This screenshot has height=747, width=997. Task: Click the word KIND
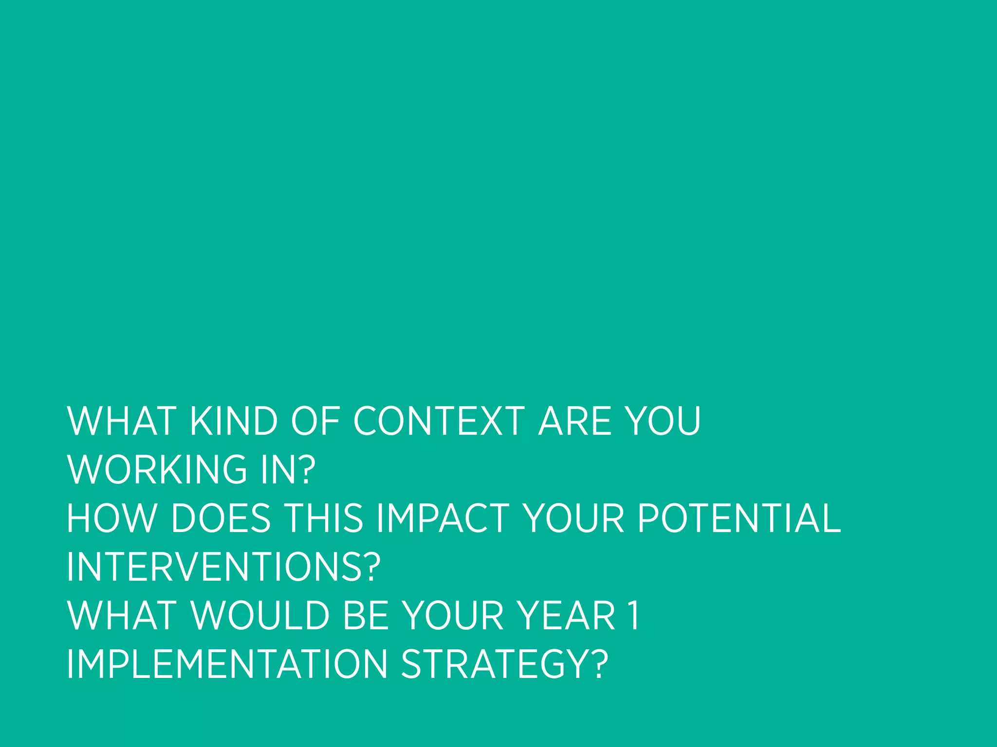click(x=233, y=421)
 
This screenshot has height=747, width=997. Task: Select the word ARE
click(x=574, y=421)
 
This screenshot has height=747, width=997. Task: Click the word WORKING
click(x=157, y=470)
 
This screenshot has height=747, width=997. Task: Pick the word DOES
click(x=221, y=518)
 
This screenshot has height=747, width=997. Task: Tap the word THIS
click(x=324, y=518)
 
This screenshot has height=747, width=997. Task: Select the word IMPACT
click(x=443, y=518)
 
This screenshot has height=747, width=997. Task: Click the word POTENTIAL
click(x=739, y=518)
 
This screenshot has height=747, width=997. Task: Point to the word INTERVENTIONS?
click(x=223, y=567)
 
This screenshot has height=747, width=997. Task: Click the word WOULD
click(x=261, y=616)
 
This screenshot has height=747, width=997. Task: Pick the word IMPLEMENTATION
click(x=227, y=664)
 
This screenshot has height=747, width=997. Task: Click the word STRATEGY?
click(x=504, y=664)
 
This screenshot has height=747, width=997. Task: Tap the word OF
click(x=315, y=421)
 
